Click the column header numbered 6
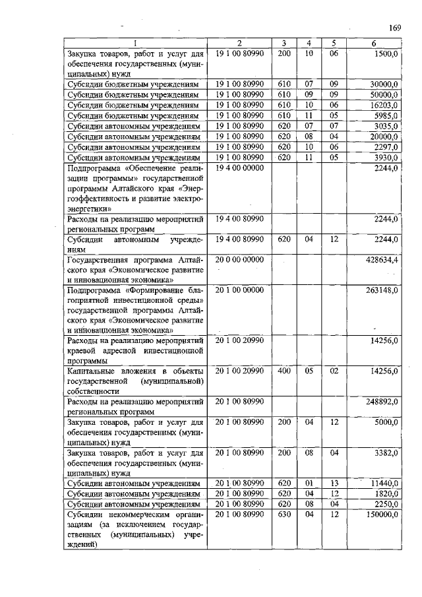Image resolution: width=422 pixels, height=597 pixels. pyautogui.click(x=374, y=44)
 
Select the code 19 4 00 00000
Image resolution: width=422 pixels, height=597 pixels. pyautogui.click(x=239, y=168)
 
